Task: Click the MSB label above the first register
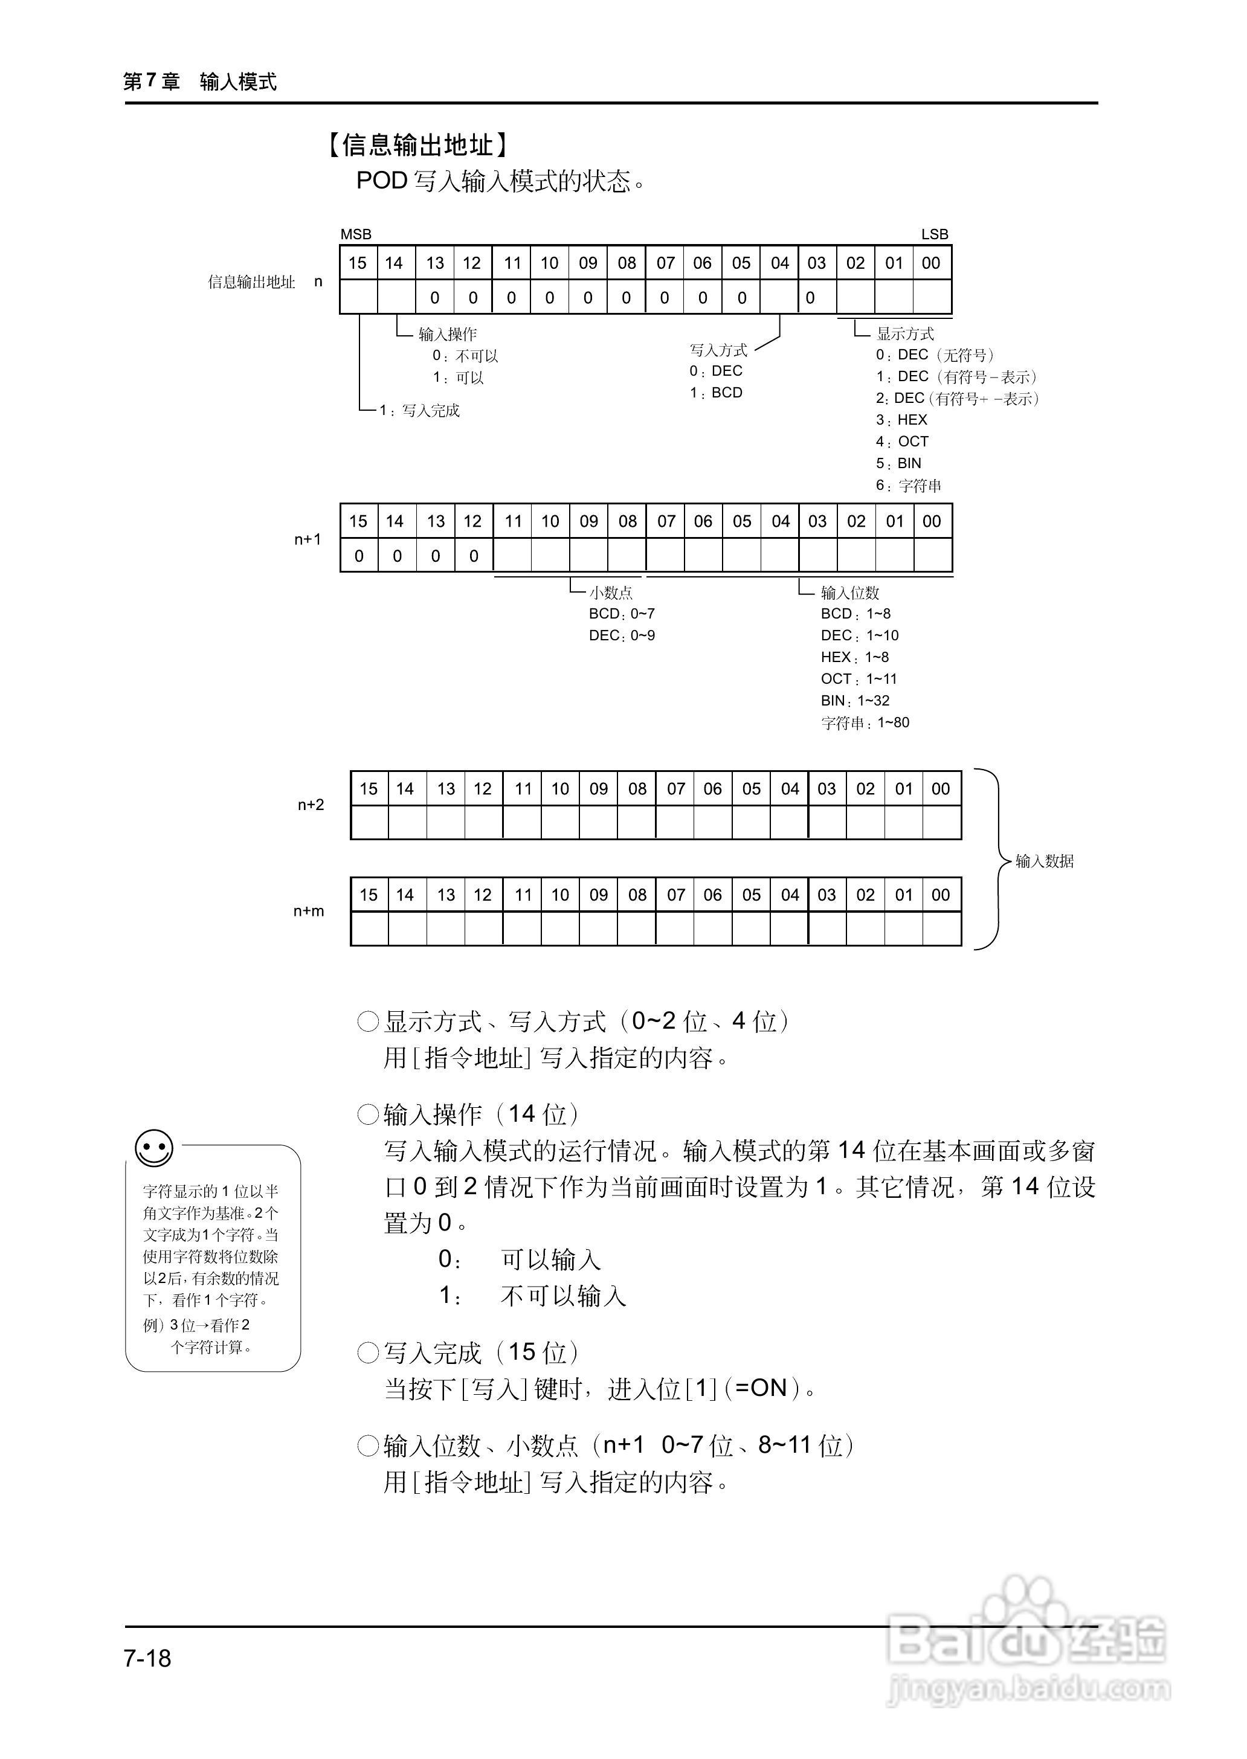[x=355, y=234]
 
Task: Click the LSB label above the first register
[x=935, y=234]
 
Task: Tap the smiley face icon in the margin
[x=153, y=1149]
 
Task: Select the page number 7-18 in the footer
[x=147, y=1658]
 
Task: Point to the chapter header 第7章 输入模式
[x=199, y=82]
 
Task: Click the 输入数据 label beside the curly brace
[x=1044, y=861]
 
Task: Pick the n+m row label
[x=309, y=912]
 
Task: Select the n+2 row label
[x=311, y=805]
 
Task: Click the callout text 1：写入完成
[x=419, y=411]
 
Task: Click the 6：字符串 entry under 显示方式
[x=909, y=485]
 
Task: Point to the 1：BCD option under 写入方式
[x=716, y=393]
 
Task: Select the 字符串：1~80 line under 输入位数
[x=865, y=722]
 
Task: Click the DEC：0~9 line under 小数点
[x=622, y=635]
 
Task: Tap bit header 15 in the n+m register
[x=369, y=895]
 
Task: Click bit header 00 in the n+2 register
[x=941, y=788]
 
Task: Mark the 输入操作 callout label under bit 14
[x=448, y=334]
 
